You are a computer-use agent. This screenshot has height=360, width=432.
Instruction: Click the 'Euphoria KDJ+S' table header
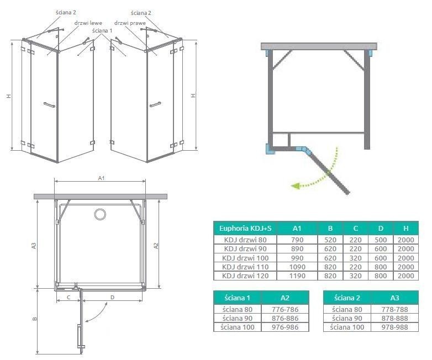[x=245, y=228]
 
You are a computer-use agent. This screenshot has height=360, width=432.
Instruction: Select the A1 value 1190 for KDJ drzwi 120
[x=297, y=276]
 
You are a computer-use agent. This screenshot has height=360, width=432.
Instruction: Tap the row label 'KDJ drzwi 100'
[x=245, y=258]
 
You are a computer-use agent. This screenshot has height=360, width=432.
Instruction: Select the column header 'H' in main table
[x=406, y=228]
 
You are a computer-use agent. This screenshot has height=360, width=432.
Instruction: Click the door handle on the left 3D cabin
[x=49, y=104]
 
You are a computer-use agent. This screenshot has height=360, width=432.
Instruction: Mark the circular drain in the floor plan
[x=100, y=214]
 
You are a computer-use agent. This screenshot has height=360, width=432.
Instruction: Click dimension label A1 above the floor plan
[x=101, y=178]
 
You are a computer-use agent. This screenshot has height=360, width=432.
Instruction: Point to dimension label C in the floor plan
[x=68, y=298]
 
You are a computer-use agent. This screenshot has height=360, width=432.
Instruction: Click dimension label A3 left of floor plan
[x=34, y=245]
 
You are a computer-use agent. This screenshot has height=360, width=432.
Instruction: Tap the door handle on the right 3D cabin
[x=155, y=104]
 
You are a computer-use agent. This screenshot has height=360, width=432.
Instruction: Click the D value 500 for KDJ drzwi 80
[x=380, y=240]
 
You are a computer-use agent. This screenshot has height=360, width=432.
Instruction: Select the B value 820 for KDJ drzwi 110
[x=330, y=267]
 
